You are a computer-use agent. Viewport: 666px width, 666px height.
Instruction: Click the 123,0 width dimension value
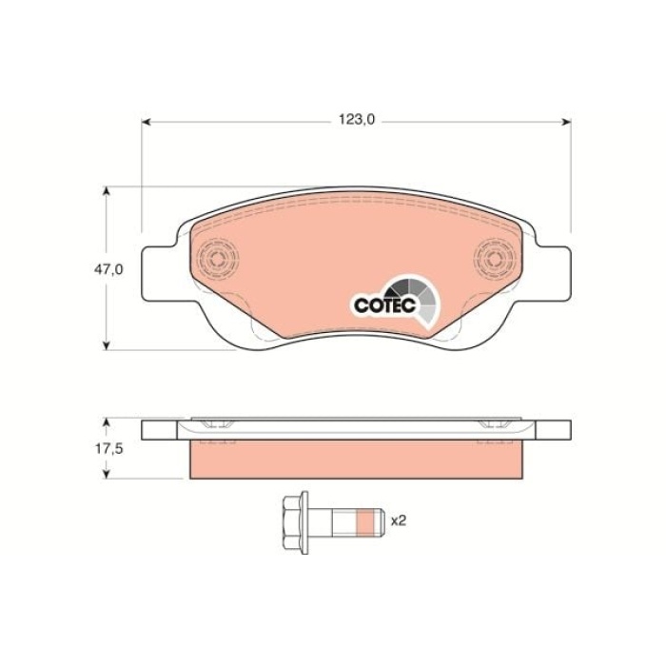[x=358, y=121]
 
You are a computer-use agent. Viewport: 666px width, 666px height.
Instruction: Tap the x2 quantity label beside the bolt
[x=400, y=520]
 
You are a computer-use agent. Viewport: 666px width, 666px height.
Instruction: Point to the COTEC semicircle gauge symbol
[x=418, y=296]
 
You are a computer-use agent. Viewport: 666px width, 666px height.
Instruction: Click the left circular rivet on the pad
[x=220, y=259]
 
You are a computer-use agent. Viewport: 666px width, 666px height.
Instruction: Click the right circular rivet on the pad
[x=494, y=259]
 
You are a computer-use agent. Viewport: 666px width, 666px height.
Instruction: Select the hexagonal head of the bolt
[x=295, y=520]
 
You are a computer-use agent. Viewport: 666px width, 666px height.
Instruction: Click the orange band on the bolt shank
[x=363, y=520]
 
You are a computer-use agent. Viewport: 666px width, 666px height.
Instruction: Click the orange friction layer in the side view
[x=357, y=460]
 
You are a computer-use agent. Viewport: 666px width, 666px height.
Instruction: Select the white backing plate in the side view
[x=357, y=429]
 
